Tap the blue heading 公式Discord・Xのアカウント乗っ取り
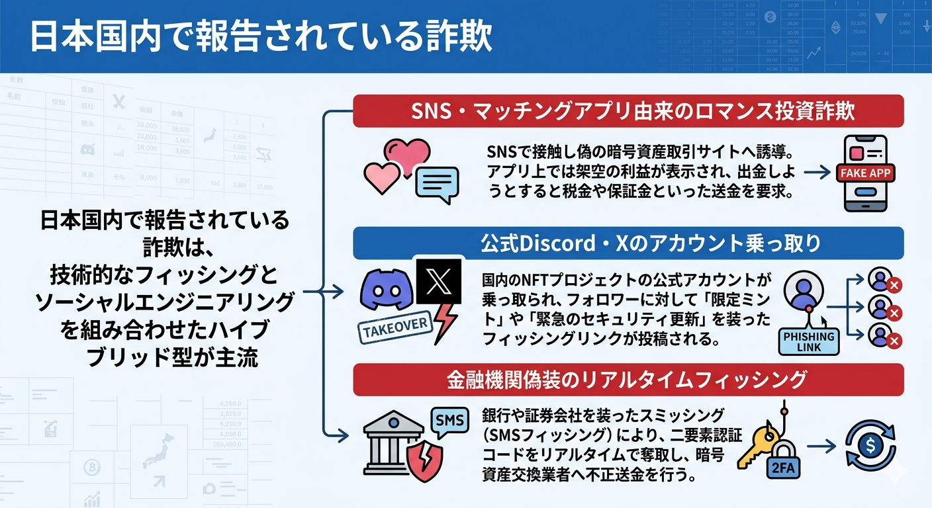pyautogui.click(x=628, y=243)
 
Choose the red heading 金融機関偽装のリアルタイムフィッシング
pyautogui.click(x=628, y=379)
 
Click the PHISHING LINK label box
pyautogui.click(x=808, y=341)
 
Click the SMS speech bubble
pyautogui.click(x=449, y=419)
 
